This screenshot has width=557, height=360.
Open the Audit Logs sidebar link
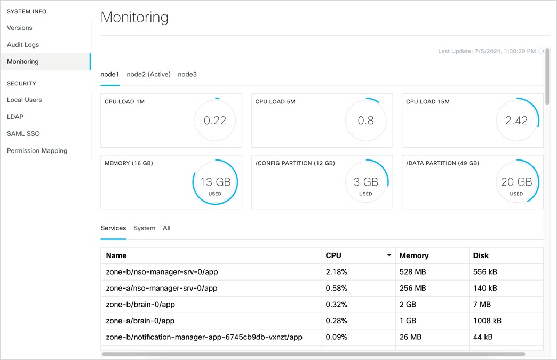23,45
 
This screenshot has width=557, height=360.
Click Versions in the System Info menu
20,28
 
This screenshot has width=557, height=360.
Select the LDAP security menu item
15,117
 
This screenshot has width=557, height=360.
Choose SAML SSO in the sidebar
23,134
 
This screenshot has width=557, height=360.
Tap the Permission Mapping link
37,151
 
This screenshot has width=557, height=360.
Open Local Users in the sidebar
25,100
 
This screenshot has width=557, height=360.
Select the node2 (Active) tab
148,75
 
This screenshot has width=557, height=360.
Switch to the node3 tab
187,75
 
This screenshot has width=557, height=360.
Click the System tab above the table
144,228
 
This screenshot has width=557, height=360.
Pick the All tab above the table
166,228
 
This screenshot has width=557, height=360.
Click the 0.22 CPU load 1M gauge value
215,121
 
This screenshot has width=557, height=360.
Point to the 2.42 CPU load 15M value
516,121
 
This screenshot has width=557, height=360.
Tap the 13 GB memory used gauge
215,182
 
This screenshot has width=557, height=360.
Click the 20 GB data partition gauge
516,182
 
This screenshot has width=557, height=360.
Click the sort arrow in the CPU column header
389,255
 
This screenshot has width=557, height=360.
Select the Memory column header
414,255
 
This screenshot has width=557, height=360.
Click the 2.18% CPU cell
337,272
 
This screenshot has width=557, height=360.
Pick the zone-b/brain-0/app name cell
141,305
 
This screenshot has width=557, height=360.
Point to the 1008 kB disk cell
487,321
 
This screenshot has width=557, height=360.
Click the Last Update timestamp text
487,51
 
